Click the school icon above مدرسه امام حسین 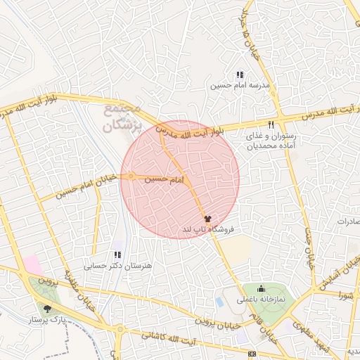tap(240, 74)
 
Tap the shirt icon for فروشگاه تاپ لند tap(207, 219)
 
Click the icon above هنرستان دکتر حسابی tap(117, 255)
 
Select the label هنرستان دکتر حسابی tap(117, 266)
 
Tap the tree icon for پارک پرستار tap(47, 308)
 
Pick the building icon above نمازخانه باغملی tap(261, 288)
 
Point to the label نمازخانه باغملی tap(261, 300)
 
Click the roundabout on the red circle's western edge tap(131, 176)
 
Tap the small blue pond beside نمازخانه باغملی tap(221, 302)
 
